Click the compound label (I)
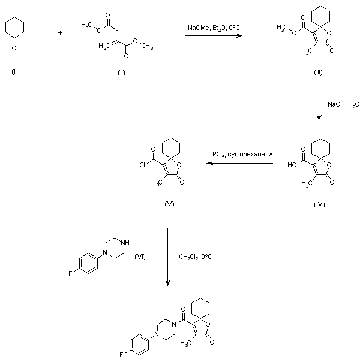pyautogui.click(x=14, y=72)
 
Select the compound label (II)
pyautogui.click(x=121, y=73)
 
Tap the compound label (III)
pyautogui.click(x=318, y=73)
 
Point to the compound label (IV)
pyautogui.click(x=319, y=204)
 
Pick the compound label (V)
pyautogui.click(x=169, y=204)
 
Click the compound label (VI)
pyautogui.click(x=140, y=257)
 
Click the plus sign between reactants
pyautogui.click(x=60, y=33)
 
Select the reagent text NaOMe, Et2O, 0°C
pyautogui.click(x=214, y=28)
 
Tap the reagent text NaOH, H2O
pyautogui.click(x=344, y=104)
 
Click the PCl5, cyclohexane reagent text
pyautogui.click(x=242, y=154)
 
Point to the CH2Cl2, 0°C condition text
pyautogui.click(x=196, y=257)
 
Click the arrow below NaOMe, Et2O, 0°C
pyautogui.click(x=214, y=35)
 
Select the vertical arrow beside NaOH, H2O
pyautogui.click(x=319, y=105)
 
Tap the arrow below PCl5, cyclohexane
pyautogui.click(x=239, y=163)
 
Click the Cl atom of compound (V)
pyautogui.click(x=142, y=165)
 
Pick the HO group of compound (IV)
pyautogui.click(x=292, y=165)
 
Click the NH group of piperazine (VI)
pyautogui.click(x=125, y=243)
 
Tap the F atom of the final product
pyautogui.click(x=121, y=354)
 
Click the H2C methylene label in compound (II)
pyautogui.click(x=104, y=46)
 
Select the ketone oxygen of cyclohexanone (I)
pyautogui.click(x=14, y=48)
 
